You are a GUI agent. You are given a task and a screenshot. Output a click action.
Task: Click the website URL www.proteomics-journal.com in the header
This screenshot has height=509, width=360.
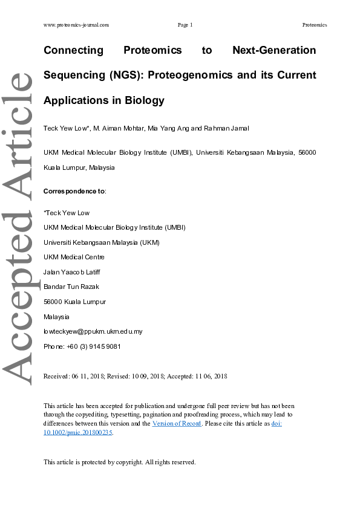76,25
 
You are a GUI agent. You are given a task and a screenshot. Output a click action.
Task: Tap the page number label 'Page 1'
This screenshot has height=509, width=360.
185,25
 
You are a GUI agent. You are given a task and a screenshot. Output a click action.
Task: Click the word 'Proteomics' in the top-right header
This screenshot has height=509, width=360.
315,25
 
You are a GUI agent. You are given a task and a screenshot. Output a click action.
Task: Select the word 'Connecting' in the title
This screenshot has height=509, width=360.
74,50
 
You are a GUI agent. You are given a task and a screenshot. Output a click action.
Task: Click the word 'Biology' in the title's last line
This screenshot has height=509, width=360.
145,100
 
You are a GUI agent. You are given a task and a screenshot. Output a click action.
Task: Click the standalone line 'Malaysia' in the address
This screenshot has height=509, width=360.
56,316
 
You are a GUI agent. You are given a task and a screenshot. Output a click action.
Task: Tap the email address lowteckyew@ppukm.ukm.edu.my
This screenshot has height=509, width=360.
93,331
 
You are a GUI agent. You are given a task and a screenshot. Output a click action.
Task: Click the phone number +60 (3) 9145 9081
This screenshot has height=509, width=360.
94,346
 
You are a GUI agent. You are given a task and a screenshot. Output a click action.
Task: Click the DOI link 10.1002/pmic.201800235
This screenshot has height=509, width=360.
78,432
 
